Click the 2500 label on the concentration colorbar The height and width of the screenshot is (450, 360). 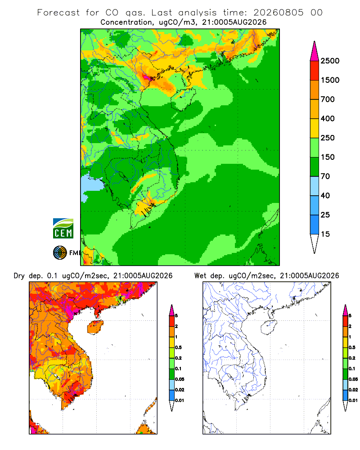click(330, 61)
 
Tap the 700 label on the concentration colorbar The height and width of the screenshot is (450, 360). click(328, 99)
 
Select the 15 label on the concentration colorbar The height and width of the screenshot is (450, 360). click(325, 234)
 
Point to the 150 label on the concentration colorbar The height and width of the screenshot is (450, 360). click(328, 157)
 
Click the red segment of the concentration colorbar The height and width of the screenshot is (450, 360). click(315, 70)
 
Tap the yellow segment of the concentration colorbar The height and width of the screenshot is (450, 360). click(315, 128)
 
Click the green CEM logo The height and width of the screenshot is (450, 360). click(63, 229)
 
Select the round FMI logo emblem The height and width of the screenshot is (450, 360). click(60, 253)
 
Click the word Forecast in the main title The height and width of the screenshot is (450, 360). click(58, 13)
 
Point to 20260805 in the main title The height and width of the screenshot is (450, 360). click(278, 13)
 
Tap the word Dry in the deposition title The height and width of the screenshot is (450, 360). click(19, 276)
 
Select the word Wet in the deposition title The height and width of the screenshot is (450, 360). click(200, 276)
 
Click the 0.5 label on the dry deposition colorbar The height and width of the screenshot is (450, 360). click(178, 347)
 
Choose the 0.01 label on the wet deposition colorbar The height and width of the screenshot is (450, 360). click(353, 400)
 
